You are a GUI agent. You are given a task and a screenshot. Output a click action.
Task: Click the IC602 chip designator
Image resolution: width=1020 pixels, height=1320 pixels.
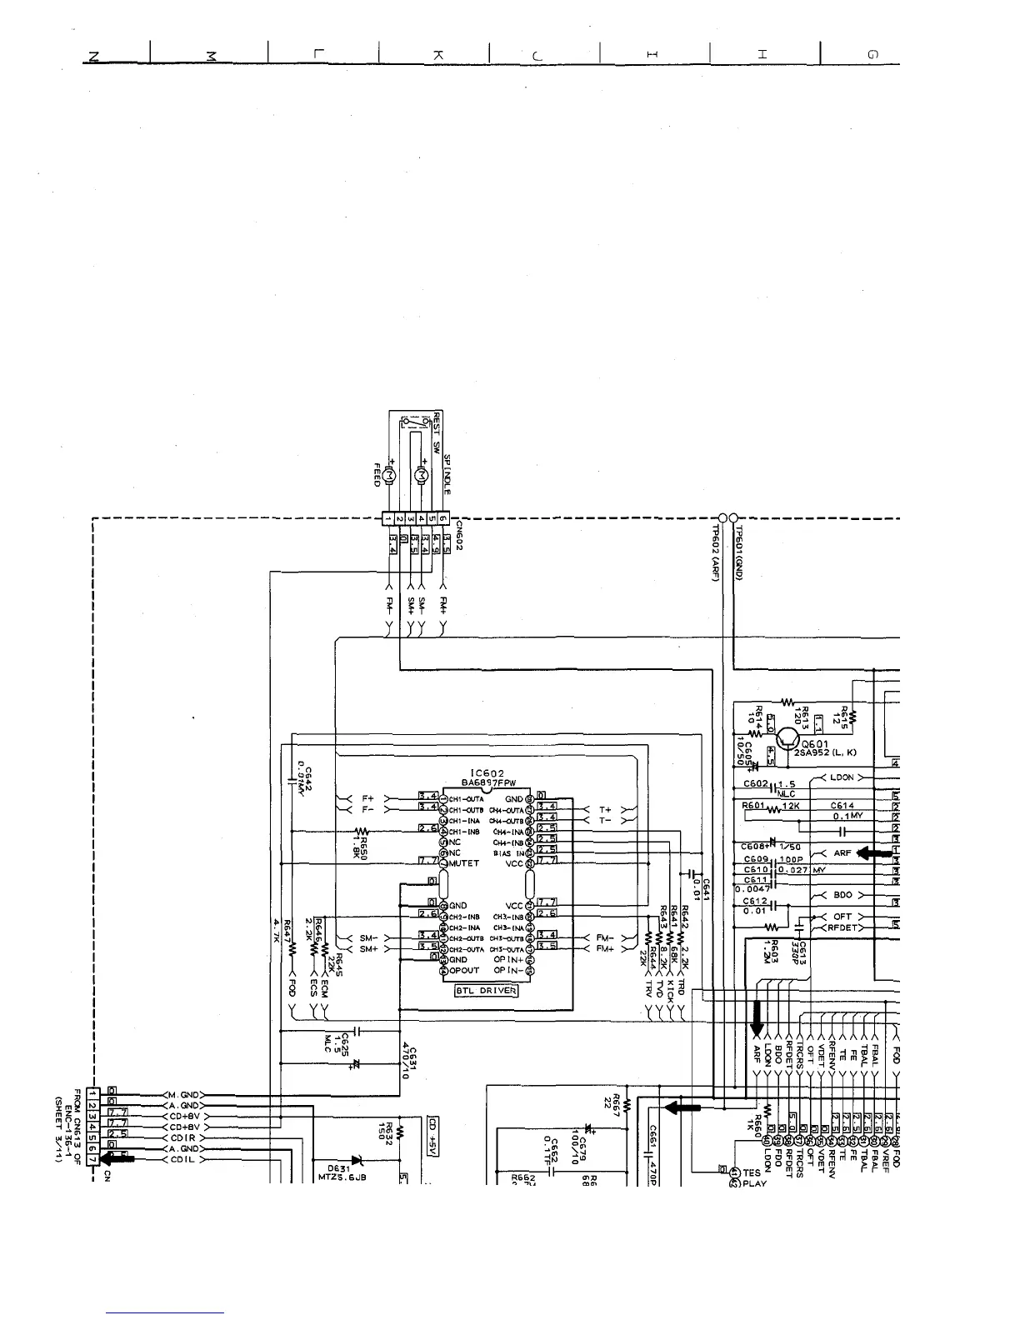tap(487, 773)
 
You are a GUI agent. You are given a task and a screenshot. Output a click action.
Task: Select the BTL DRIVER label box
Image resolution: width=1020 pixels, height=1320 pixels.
tap(487, 991)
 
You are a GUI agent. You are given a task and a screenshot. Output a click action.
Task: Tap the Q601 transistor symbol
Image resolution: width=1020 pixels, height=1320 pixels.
tap(787, 738)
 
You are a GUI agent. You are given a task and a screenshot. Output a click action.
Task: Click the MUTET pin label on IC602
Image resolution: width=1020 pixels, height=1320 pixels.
tap(464, 863)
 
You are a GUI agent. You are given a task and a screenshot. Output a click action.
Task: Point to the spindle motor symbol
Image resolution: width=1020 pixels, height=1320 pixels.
tap(422, 474)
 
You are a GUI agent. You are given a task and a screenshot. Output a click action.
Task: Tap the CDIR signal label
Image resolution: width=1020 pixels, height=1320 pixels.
tap(182, 1137)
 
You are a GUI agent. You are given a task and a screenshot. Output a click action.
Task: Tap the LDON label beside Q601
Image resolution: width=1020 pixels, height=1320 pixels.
tap(842, 777)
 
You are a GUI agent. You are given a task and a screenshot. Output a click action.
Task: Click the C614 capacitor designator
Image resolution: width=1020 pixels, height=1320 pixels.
tap(842, 806)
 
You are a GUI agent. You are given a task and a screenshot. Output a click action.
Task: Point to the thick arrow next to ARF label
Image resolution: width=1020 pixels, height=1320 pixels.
tap(873, 852)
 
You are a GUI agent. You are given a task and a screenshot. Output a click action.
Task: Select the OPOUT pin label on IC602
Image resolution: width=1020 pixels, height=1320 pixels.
tap(464, 970)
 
